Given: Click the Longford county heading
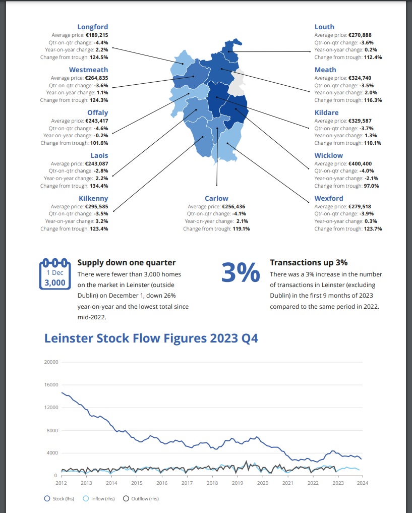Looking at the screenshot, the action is (93, 27).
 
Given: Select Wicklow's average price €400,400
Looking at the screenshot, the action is (360, 163).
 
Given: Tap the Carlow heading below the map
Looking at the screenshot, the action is (216, 198).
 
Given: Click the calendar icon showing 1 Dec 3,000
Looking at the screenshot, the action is (55, 274).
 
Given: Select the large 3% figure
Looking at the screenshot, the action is (241, 272).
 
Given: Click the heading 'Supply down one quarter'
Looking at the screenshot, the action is (127, 263).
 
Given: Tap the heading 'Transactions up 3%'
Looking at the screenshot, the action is (309, 263).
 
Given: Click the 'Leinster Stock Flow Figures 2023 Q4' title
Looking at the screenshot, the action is (151, 338).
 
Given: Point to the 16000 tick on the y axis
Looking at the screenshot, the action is (51, 385).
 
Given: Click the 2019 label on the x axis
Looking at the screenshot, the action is (238, 483).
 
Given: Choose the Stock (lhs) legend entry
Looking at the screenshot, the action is (59, 498).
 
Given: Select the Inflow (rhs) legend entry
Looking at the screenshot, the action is (99, 498).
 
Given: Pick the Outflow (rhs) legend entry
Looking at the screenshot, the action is (141, 498).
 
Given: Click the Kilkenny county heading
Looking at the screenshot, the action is (93, 198).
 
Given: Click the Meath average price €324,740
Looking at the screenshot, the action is (360, 78).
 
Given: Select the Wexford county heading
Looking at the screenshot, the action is (329, 198).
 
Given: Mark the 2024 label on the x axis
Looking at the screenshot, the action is (362, 483).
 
